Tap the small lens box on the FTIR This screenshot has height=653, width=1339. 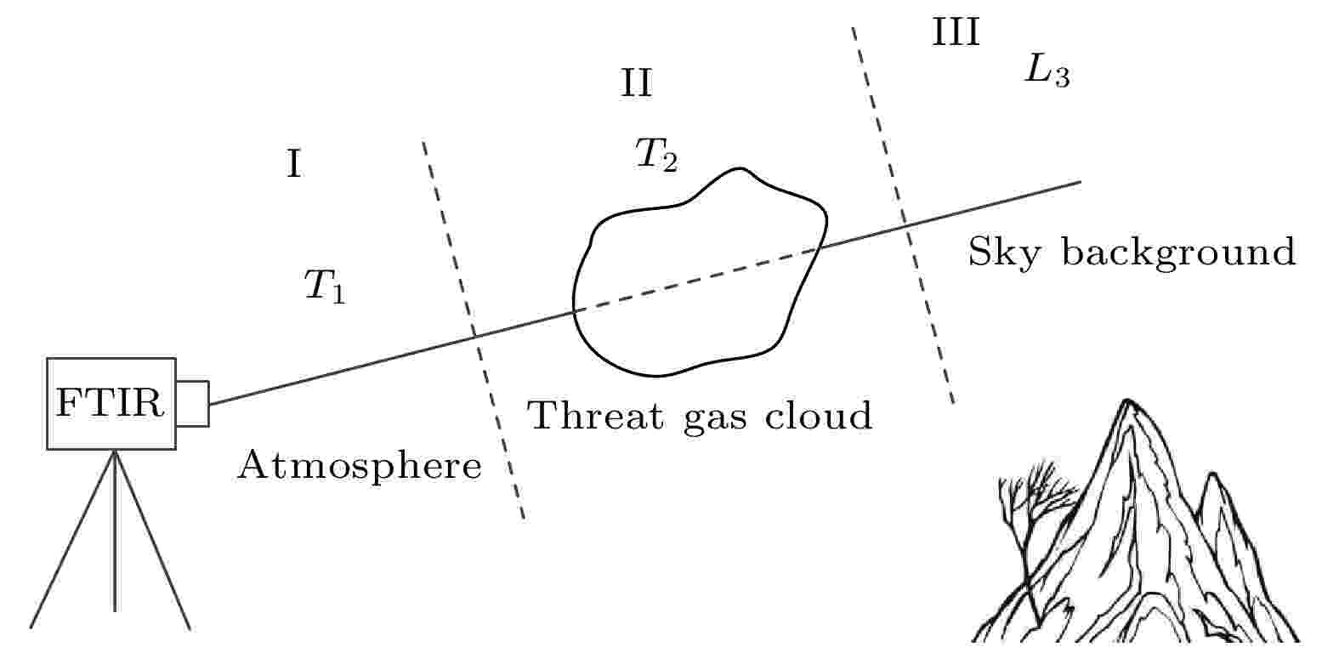tap(192, 404)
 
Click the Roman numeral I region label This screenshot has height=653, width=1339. tap(294, 164)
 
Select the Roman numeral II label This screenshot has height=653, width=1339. tap(636, 83)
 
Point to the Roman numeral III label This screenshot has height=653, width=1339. tap(956, 32)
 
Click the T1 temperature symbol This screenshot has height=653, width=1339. tap(325, 287)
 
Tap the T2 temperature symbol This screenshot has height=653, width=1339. tap(656, 155)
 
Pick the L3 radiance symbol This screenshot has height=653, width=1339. tap(1047, 71)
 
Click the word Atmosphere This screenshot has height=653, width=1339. tap(360, 465)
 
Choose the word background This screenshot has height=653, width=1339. tap(1178, 253)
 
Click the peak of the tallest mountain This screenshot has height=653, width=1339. tap(1127, 400)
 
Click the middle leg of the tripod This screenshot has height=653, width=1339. tap(115, 531)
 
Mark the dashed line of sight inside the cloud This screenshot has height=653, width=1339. tap(698, 279)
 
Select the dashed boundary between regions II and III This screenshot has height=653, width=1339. tap(903, 215)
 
